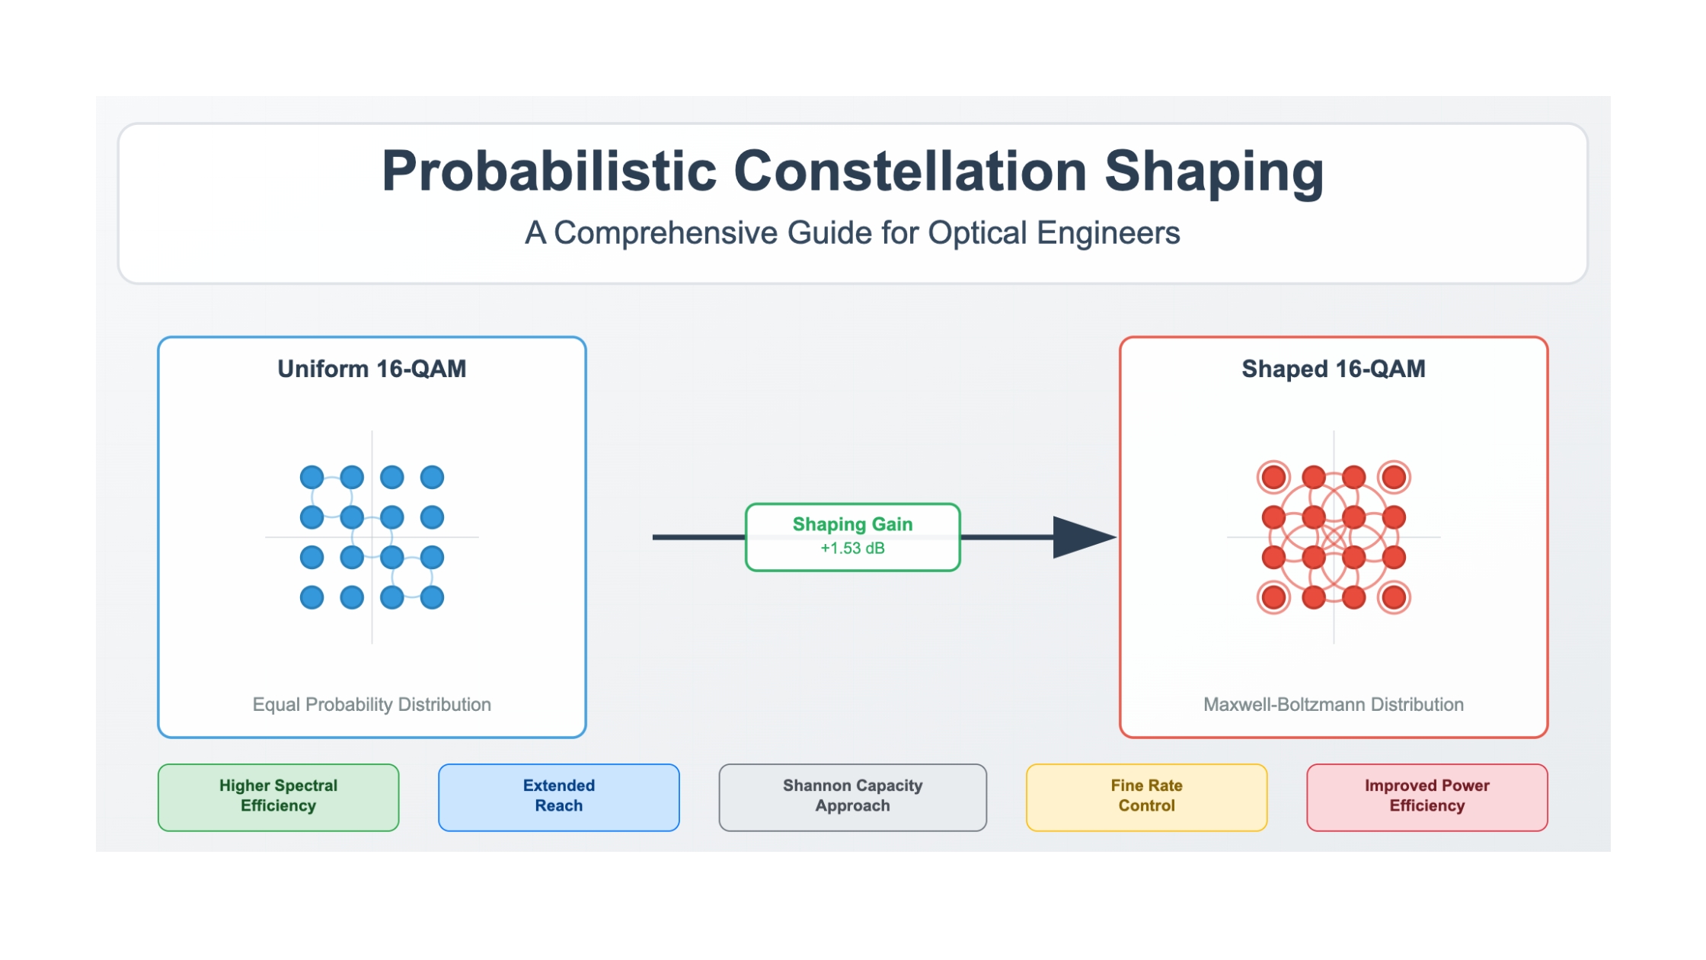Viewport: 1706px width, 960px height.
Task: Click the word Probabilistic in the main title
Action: pyautogui.click(x=549, y=171)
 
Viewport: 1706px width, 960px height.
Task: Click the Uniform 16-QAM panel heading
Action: pyautogui.click(x=372, y=369)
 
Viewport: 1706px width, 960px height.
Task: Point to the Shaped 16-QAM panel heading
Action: pyautogui.click(x=1334, y=369)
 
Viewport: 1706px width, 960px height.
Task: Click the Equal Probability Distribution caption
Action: pyautogui.click(x=372, y=705)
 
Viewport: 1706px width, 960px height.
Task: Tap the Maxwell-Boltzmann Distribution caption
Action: pyautogui.click(x=1334, y=705)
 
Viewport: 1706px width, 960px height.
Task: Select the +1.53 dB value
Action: pyautogui.click(x=852, y=549)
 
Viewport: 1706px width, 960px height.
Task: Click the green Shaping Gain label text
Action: pyautogui.click(x=852, y=524)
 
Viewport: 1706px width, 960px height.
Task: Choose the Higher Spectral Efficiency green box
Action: pyautogui.click(x=279, y=797)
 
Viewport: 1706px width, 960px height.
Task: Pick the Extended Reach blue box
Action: pyautogui.click(x=559, y=797)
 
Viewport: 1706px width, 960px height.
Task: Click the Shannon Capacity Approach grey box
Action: pyautogui.click(x=853, y=797)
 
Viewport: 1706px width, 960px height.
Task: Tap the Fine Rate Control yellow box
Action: pyautogui.click(x=1147, y=797)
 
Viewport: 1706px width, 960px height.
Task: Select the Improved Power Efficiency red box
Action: pyautogui.click(x=1427, y=797)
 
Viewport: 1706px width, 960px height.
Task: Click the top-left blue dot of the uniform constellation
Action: pyautogui.click(x=311, y=478)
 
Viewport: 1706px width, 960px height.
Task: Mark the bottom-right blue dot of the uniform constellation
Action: pyautogui.click(x=432, y=597)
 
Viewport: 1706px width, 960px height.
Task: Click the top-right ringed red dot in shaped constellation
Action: pyautogui.click(x=1394, y=478)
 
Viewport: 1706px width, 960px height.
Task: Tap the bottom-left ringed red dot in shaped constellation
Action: pyautogui.click(x=1273, y=597)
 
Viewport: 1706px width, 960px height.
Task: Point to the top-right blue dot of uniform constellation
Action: pyautogui.click(x=432, y=478)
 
